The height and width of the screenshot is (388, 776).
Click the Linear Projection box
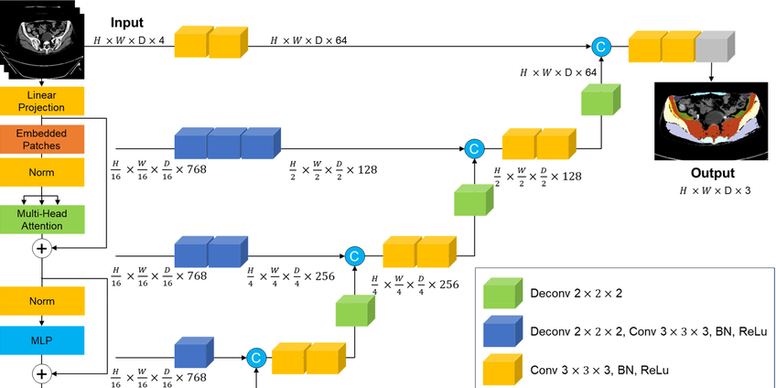42,102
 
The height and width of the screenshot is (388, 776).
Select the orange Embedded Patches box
42,138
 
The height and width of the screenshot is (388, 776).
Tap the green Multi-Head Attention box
42,219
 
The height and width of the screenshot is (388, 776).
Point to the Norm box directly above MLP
42,299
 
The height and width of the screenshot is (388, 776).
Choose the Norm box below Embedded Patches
42,172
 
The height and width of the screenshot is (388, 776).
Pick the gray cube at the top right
714,45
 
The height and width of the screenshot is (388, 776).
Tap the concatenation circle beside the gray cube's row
601,45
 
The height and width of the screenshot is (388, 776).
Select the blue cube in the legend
501,332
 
